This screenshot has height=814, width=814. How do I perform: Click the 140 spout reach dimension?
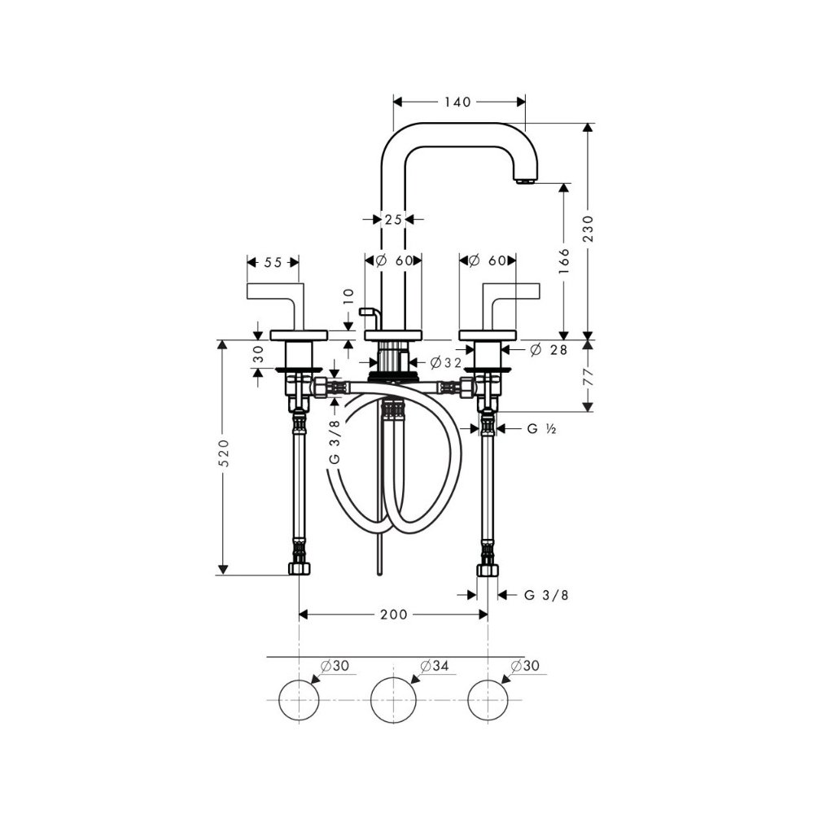pyautogui.click(x=457, y=102)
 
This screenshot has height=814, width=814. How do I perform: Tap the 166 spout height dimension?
pyautogui.click(x=564, y=261)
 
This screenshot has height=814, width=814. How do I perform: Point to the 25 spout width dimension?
pyautogui.click(x=393, y=220)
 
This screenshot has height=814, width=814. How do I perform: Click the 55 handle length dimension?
pyautogui.click(x=273, y=263)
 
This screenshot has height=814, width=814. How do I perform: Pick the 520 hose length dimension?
pyautogui.click(x=223, y=453)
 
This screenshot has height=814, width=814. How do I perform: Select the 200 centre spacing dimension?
pyautogui.click(x=393, y=615)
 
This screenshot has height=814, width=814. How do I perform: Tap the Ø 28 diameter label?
pyautogui.click(x=549, y=350)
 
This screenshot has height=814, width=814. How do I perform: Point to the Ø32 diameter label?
pyautogui.click(x=445, y=362)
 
